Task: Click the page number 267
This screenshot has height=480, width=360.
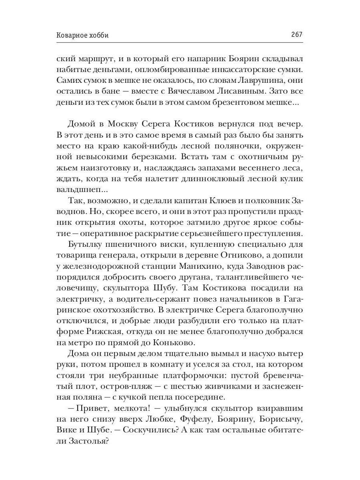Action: (x=296, y=35)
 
